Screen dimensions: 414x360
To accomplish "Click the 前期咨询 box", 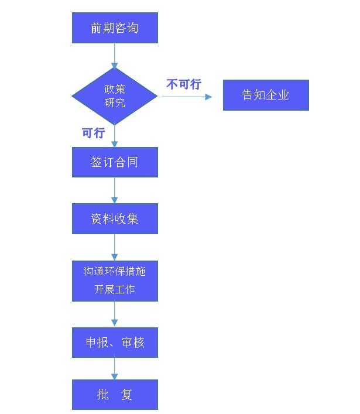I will [x=115, y=28].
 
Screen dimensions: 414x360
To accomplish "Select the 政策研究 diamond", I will [x=115, y=96].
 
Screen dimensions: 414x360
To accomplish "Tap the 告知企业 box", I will [x=266, y=95].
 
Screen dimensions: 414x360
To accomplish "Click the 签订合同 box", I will [x=115, y=162].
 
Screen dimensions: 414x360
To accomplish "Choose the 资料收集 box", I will [x=115, y=218].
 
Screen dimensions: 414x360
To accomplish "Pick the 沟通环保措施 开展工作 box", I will [x=115, y=280].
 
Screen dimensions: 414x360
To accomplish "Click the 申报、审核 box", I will [x=115, y=342].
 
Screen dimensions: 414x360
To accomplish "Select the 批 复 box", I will [x=115, y=394].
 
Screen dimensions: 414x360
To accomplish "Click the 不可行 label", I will [x=184, y=84].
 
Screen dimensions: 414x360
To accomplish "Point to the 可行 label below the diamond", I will [x=93, y=133].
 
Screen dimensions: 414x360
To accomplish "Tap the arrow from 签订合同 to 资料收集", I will [x=115, y=190].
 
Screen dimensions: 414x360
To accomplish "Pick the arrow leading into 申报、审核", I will [x=115, y=314].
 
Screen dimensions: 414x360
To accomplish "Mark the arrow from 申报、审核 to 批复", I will [x=115, y=368].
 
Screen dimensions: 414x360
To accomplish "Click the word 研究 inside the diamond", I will [x=115, y=103].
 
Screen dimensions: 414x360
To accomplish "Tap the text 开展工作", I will [x=115, y=289].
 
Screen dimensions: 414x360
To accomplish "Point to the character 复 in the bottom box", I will [x=126, y=395].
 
